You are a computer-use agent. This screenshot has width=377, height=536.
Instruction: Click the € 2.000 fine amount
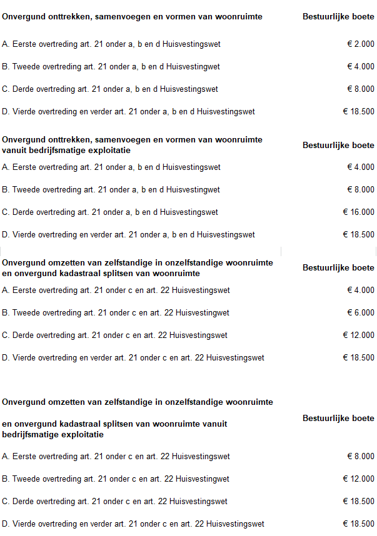click(x=361, y=44)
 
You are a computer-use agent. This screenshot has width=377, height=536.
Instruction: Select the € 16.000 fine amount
click(x=358, y=212)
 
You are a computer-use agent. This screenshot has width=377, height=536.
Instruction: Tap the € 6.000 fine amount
click(x=361, y=313)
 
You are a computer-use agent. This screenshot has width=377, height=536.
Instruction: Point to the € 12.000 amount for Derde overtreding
click(x=358, y=335)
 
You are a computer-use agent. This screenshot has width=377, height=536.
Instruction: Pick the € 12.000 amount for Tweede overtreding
click(x=358, y=479)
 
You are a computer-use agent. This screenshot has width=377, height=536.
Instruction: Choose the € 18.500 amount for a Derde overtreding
click(x=358, y=502)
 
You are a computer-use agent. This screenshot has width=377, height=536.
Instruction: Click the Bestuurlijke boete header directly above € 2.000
click(x=338, y=17)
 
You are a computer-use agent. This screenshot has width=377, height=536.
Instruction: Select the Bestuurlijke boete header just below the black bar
click(x=338, y=268)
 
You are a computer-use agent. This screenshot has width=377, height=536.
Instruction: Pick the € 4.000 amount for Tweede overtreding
click(x=361, y=67)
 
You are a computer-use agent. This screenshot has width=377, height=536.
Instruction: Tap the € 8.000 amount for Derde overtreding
click(x=361, y=89)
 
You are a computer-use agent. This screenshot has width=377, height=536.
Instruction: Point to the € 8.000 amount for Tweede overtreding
click(x=361, y=190)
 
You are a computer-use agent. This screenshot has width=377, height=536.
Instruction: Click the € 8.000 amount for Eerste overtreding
click(x=361, y=457)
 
